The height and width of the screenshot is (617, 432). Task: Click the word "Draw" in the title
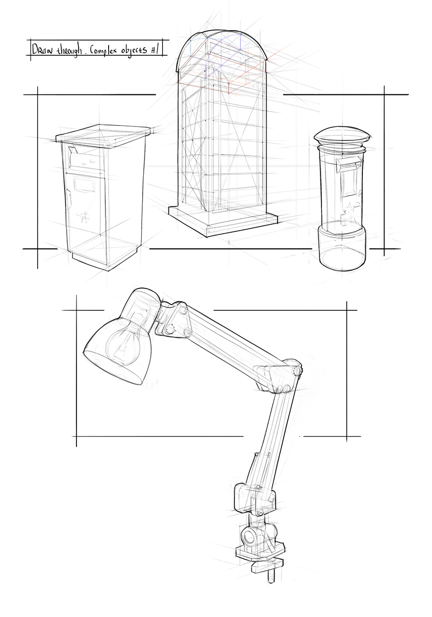point(40,49)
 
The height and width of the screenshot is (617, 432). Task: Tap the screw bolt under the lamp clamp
point(271,576)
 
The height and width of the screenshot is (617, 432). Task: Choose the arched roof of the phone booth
point(222,47)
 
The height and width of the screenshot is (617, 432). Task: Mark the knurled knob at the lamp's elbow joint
point(298,370)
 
